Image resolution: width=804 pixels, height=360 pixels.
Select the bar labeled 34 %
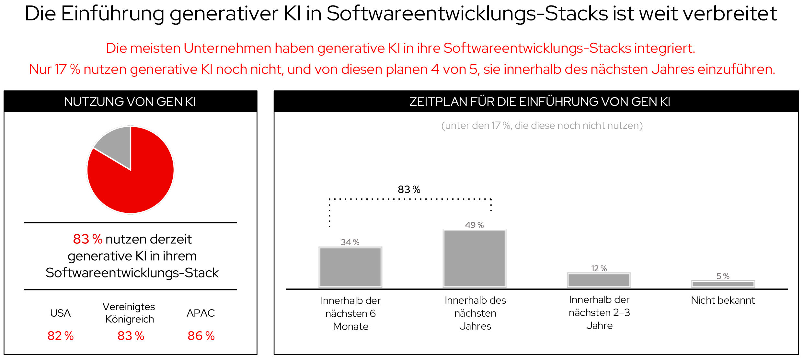click(350, 267)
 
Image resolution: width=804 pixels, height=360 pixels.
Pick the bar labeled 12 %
click(599, 280)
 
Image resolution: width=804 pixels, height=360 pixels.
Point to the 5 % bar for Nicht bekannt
click(723, 284)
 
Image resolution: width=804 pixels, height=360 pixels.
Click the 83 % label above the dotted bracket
click(409, 189)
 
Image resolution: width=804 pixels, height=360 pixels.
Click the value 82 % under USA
click(61, 336)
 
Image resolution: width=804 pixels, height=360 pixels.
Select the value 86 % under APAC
click(201, 336)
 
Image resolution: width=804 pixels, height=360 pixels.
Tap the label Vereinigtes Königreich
click(129, 313)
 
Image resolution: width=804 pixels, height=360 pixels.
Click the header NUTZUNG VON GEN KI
click(130, 102)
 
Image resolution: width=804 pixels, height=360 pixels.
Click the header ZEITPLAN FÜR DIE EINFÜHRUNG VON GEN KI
click(539, 102)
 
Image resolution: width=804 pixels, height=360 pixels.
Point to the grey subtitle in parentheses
click(542, 126)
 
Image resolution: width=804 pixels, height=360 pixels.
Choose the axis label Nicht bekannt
click(723, 300)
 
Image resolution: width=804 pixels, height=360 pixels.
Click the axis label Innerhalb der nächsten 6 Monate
click(350, 313)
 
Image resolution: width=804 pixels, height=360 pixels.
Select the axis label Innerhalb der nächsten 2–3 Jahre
click(599, 313)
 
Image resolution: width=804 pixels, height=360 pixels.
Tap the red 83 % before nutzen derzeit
click(87, 239)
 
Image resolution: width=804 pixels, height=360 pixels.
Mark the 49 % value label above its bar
click(474, 225)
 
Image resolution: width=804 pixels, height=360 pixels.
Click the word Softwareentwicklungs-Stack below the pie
click(132, 273)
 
